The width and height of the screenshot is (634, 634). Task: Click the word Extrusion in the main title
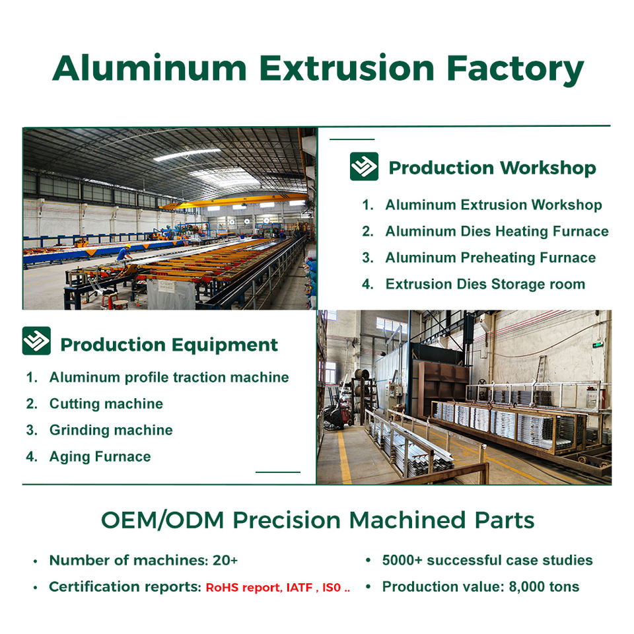click(347, 68)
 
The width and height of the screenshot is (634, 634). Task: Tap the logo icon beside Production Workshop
click(364, 166)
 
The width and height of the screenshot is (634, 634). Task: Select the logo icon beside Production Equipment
click(36, 341)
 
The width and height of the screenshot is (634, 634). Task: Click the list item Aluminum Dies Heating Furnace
click(497, 231)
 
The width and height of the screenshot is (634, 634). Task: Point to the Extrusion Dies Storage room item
click(485, 284)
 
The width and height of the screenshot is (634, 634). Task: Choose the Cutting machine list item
click(106, 404)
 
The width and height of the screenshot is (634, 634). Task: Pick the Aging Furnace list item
click(100, 456)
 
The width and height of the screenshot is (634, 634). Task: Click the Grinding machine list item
click(111, 430)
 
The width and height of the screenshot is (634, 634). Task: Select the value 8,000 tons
click(544, 586)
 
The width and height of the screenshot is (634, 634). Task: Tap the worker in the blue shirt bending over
click(123, 252)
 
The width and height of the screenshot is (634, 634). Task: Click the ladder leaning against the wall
click(540, 369)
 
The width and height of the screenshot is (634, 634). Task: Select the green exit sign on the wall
click(598, 345)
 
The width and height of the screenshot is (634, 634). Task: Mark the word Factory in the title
click(515, 69)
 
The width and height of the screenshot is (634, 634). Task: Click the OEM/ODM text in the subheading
click(162, 520)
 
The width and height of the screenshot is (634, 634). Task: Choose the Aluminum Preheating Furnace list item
click(491, 258)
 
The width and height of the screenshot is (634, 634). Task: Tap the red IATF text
click(299, 587)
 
